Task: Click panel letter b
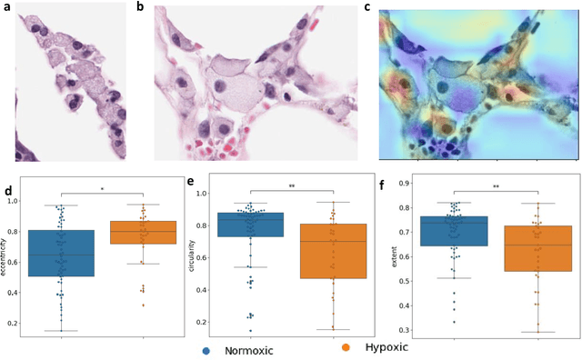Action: [139, 7]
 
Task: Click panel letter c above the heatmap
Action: [366, 7]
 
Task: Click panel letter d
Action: [8, 191]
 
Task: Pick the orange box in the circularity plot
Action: [332, 251]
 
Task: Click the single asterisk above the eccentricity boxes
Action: [102, 189]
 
